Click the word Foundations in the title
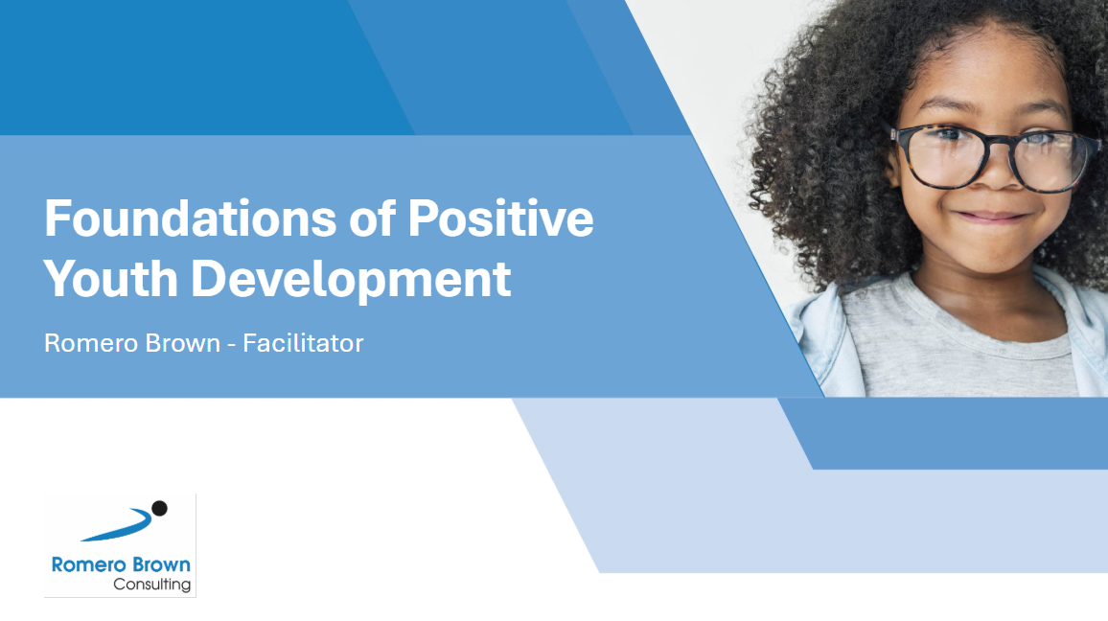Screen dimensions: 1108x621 [190, 218]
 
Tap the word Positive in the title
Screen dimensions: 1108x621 [500, 218]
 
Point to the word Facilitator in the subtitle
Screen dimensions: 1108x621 [303, 343]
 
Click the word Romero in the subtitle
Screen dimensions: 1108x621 [87, 343]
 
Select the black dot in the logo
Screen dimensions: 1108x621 [160, 508]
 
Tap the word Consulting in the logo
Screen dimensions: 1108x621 [152, 585]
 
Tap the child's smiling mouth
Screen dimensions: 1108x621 [990, 217]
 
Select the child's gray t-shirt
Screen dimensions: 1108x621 [954, 346]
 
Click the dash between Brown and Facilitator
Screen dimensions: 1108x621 [231, 345]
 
